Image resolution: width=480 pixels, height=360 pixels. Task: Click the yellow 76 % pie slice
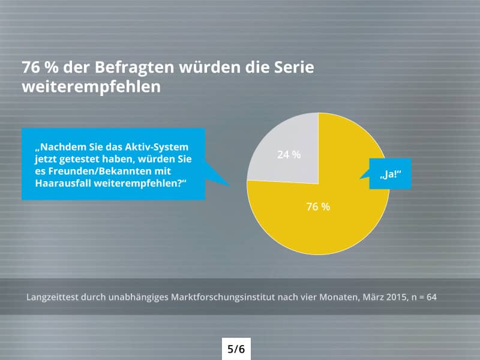(x=336, y=222)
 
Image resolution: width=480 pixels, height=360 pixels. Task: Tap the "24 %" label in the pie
(x=289, y=154)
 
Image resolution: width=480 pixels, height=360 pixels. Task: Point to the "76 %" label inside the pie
(x=318, y=206)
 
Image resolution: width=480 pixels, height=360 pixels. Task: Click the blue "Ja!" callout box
(x=390, y=174)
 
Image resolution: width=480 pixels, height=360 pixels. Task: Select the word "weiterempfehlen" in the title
(x=91, y=86)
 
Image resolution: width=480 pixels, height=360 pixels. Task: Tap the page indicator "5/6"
(x=236, y=349)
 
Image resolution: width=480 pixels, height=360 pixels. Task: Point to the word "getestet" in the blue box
(x=79, y=159)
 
